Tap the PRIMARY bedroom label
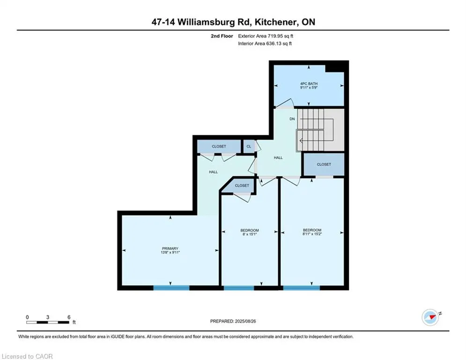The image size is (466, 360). pos(170,248)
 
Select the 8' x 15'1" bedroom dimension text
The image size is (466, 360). pos(250,234)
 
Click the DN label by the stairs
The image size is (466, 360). pos(292,119)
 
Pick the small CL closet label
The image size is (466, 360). pos(249,146)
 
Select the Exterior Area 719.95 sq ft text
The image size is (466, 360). pos(266,36)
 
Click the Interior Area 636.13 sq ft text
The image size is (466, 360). pos(266,44)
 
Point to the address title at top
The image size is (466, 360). pos(233,22)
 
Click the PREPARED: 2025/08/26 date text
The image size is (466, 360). pos(233,321)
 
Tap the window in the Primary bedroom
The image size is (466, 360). pos(171,287)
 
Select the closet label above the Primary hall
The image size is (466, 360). pos(219,146)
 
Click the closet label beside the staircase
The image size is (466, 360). pos(324,165)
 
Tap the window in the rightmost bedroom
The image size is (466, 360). pos(298,287)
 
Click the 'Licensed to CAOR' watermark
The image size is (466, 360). pos(27,356)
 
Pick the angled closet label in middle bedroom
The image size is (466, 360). pos(242,186)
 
